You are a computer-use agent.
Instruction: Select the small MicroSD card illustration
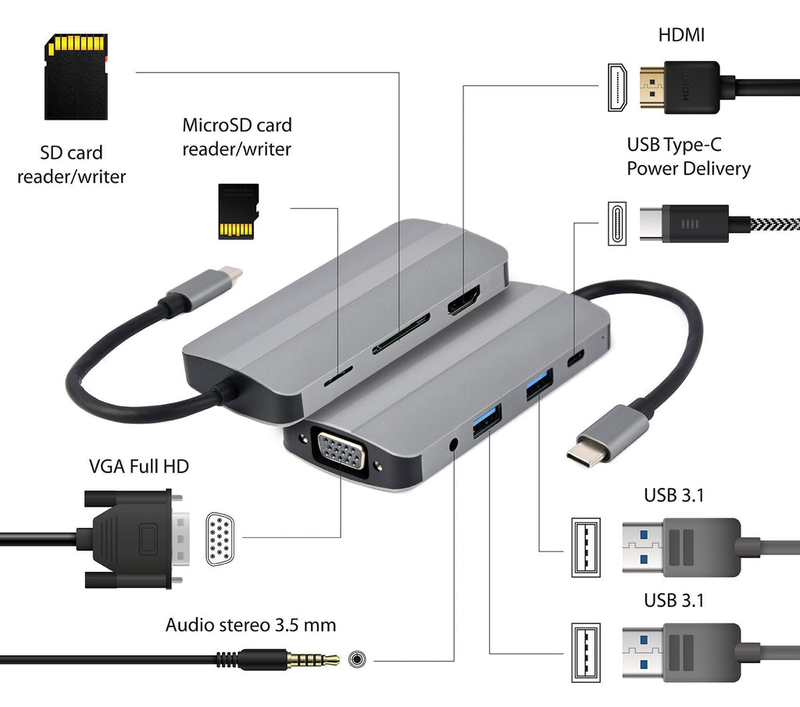coord(237,211)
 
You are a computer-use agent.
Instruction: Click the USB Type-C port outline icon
coord(616,224)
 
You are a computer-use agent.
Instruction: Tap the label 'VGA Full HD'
coord(139,467)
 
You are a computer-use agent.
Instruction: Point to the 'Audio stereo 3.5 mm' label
coord(251,625)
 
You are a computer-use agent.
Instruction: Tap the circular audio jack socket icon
coord(358,659)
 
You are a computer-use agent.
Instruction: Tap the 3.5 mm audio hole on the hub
coord(454,445)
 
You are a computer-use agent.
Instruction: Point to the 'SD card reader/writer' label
coord(71,164)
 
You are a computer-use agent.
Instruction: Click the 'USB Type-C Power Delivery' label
coord(688,156)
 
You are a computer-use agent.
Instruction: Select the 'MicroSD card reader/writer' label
coord(237,136)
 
